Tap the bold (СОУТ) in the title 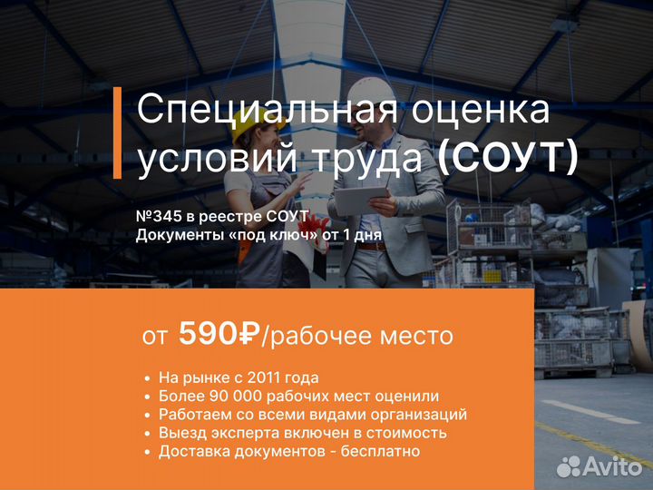pos(508,158)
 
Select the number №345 pos(159,217)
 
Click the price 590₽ pos(219,334)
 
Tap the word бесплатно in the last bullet pos(380,452)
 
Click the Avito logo pos(599,466)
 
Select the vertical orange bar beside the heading pos(117,132)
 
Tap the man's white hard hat pos(371,93)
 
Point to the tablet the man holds pos(360,201)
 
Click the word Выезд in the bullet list pos(182,434)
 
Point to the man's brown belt pos(372,246)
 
